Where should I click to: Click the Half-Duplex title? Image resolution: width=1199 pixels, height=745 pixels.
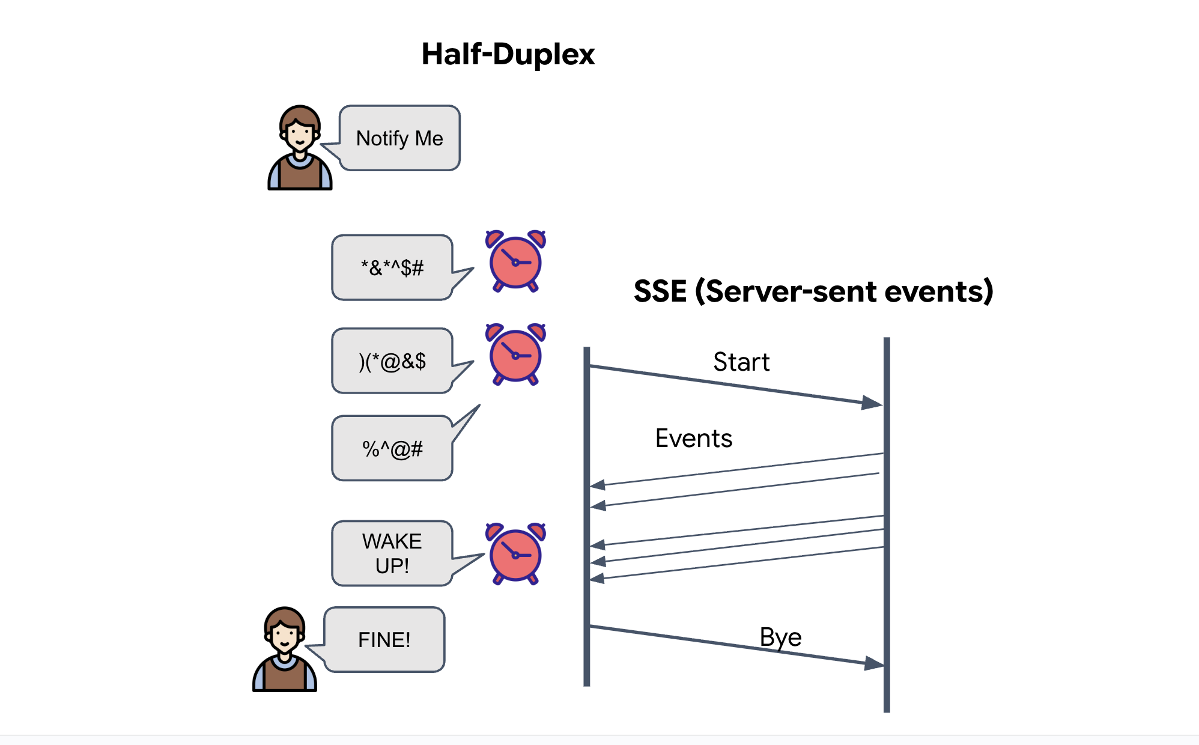(x=508, y=54)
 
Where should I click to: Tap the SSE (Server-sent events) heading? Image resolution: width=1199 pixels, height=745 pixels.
(x=813, y=291)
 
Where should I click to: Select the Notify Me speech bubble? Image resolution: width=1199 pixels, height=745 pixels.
(x=399, y=138)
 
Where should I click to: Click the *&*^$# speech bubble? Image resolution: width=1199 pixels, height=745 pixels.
(x=392, y=267)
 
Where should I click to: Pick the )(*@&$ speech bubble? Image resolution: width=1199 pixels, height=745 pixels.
(x=392, y=361)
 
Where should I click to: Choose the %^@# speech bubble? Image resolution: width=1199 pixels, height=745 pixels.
(x=392, y=448)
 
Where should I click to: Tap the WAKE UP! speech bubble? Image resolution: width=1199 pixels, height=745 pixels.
(x=392, y=553)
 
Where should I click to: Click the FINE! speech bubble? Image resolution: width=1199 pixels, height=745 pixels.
(x=384, y=640)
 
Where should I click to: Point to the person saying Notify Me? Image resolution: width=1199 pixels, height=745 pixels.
(x=300, y=148)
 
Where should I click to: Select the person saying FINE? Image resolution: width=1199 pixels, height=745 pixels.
(x=285, y=650)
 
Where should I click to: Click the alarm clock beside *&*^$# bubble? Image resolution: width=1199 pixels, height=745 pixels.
(x=515, y=261)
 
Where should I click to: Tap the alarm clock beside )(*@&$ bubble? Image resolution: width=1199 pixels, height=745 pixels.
(x=515, y=354)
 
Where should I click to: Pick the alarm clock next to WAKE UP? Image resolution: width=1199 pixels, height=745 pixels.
(x=515, y=553)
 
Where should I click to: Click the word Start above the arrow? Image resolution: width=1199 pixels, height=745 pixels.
(x=741, y=362)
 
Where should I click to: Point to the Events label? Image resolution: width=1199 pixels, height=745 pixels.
(x=694, y=439)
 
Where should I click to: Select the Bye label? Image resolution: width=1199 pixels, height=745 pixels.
(x=780, y=637)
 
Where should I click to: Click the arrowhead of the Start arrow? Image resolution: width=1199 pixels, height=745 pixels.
(x=872, y=403)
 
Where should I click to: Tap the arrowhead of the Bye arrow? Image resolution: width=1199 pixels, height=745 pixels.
(x=874, y=663)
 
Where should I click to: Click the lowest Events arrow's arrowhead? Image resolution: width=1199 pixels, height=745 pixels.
(x=597, y=579)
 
